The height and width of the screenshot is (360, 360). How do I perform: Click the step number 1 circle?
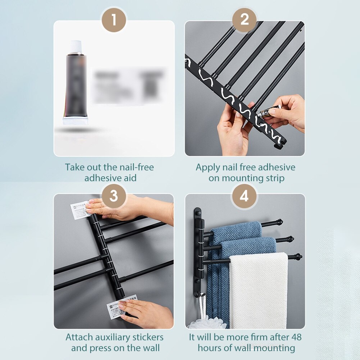click(114, 20)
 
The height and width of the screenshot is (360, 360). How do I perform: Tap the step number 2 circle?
click(245, 20)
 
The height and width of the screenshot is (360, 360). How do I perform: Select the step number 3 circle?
click(114, 196)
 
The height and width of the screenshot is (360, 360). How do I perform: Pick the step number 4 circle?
click(245, 196)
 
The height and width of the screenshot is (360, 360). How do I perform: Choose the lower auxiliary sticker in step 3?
click(122, 306)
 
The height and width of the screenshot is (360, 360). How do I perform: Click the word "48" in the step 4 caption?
click(296, 337)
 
